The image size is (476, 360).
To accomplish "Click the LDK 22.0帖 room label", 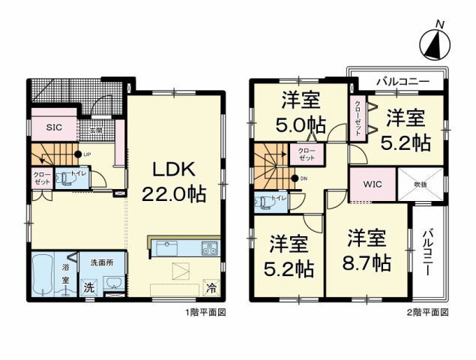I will pyautogui.click(x=174, y=180).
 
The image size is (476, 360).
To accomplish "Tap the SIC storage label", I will pyautogui.click(x=53, y=128).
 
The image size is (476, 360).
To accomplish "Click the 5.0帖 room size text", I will pyautogui.click(x=300, y=124).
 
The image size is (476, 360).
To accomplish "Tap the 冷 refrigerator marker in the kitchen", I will pyautogui.click(x=212, y=287).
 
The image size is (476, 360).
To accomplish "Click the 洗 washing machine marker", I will pyautogui.click(x=89, y=286).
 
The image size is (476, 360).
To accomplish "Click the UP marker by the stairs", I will pyautogui.click(x=87, y=155).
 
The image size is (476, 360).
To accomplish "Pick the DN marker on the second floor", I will pyautogui.click(x=303, y=178).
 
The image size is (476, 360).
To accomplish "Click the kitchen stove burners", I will pyautogui.click(x=208, y=248).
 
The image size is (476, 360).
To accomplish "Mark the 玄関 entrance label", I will pyautogui.click(x=96, y=130).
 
